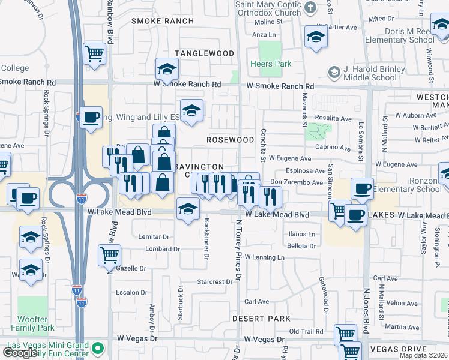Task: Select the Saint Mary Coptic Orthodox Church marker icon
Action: [310, 8]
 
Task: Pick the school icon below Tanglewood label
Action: [167, 69]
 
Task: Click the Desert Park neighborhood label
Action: [261, 319]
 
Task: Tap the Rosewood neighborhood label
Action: [231, 140]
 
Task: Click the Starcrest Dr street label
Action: [215, 281]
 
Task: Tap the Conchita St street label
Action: [263, 145]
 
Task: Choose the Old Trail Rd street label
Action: [306, 331]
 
